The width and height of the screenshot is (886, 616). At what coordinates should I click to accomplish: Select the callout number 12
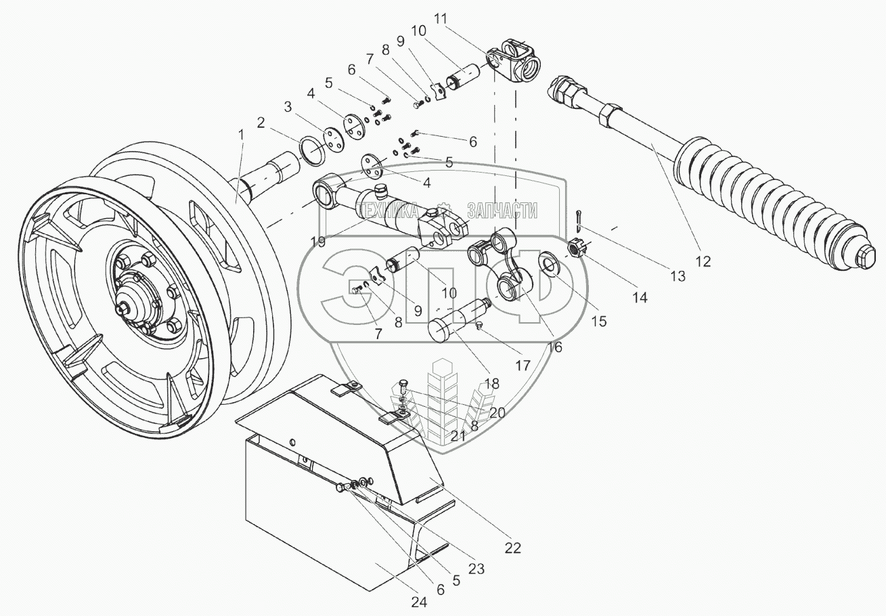coord(703,260)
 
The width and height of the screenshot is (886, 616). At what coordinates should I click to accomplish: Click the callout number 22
coord(512,548)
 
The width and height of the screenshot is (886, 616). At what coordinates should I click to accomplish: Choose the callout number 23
coord(477,569)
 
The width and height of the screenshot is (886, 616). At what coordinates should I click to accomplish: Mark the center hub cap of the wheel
coord(127,307)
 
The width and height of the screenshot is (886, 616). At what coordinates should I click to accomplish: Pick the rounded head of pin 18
coord(443,332)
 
